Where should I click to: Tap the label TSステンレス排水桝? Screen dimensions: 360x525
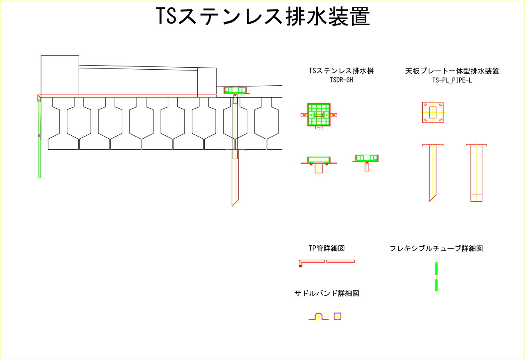click(341, 71)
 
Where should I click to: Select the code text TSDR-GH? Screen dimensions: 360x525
click(341, 80)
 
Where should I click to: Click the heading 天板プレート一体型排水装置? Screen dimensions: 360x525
click(452, 71)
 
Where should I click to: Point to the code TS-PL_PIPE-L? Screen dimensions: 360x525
click(452, 80)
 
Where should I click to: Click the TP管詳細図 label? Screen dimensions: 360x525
click(326, 248)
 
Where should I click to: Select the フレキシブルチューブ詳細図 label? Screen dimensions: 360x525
click(436, 248)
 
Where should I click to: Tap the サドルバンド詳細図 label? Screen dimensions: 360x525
click(327, 294)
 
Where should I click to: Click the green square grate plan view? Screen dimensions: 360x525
click(319, 115)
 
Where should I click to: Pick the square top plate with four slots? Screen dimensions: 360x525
click(433, 112)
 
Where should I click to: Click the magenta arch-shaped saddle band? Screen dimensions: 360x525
click(319, 316)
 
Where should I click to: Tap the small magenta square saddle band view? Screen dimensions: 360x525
click(338, 316)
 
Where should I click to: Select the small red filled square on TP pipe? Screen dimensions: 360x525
click(301, 266)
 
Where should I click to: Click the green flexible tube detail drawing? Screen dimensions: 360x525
click(436, 277)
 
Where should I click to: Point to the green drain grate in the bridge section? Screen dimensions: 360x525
click(235, 90)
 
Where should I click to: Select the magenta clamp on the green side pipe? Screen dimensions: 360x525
click(39, 135)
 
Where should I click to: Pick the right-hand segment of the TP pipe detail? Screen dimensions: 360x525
click(340, 261)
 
